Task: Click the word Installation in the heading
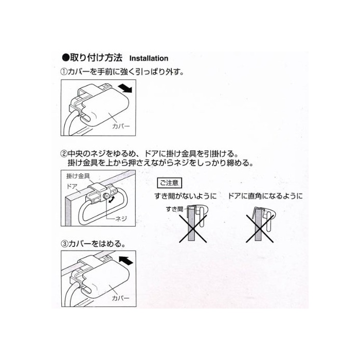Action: click(x=149, y=58)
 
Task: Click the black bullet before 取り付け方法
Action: click(x=66, y=58)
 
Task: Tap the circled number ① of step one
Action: click(x=64, y=72)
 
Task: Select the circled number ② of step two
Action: click(x=64, y=154)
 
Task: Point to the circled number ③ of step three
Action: click(x=64, y=244)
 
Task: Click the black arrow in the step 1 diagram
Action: click(x=125, y=88)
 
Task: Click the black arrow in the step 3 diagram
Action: click(x=126, y=261)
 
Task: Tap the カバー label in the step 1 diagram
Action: click(x=121, y=126)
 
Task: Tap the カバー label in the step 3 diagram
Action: click(x=120, y=298)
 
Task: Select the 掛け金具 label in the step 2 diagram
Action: click(x=78, y=176)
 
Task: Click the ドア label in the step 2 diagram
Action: click(x=72, y=186)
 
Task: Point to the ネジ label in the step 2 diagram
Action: click(x=121, y=219)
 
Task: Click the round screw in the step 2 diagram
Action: click(x=106, y=196)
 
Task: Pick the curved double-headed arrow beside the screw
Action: click(x=112, y=200)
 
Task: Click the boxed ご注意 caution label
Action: click(x=169, y=183)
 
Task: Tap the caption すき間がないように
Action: click(x=186, y=196)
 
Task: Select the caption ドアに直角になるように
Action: click(x=265, y=196)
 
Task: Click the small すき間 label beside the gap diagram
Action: click(x=174, y=209)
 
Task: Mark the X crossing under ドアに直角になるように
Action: click(x=260, y=229)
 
